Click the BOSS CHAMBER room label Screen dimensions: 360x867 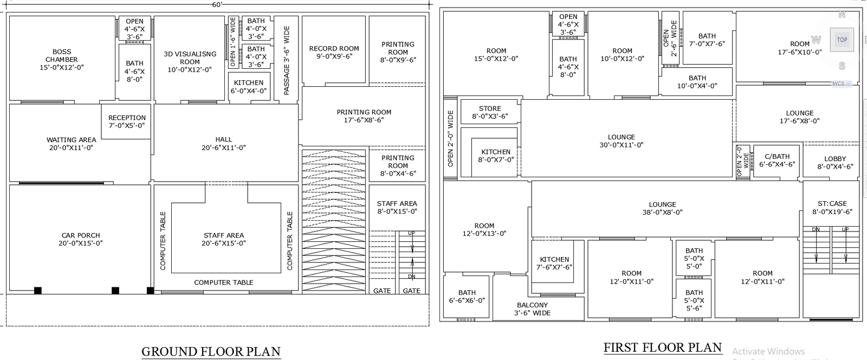tap(62, 60)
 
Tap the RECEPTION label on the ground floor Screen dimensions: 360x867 tap(127, 121)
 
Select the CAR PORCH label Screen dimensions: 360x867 tap(81, 239)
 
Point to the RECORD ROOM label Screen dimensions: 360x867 tap(334, 52)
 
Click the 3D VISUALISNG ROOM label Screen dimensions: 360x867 tap(190, 62)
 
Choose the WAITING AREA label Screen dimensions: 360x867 tap(71, 143)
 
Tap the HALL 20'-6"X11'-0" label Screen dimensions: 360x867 tap(224, 143)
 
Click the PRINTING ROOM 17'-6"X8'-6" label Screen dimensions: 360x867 tap(364, 116)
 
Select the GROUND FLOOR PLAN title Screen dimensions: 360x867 tap(211, 351)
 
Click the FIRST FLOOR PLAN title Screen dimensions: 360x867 tap(662, 348)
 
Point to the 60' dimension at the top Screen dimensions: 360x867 tap(217, 4)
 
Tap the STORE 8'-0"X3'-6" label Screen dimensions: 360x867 tap(490, 112)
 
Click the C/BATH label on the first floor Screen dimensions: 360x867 tap(777, 160)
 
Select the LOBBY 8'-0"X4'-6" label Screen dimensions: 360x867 tap(835, 163)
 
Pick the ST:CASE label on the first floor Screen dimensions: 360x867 tap(832, 208)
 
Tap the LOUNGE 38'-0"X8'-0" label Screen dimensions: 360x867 tap(662, 208)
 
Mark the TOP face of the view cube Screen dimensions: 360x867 tap(842, 40)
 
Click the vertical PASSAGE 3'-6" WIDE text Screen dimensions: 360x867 tap(287, 60)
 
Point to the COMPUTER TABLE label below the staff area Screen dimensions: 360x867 tap(223, 282)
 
